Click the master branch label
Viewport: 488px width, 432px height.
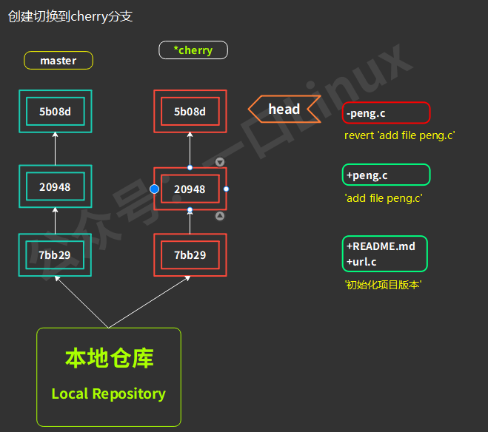(59, 61)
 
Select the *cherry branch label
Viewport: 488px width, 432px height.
(193, 50)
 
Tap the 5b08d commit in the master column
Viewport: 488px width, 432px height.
(55, 112)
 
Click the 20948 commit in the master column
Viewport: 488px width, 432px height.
(55, 187)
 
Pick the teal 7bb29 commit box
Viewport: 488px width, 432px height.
(55, 255)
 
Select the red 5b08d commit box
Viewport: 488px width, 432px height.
(190, 112)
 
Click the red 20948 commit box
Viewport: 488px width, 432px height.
(190, 189)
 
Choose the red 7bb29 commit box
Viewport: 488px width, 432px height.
(190, 255)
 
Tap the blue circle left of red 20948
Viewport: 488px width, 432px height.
(154, 189)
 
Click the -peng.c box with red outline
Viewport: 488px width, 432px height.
(386, 113)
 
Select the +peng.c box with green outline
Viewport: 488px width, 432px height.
(386, 175)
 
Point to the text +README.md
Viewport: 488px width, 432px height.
(381, 246)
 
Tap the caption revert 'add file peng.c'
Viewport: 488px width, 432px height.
(399, 135)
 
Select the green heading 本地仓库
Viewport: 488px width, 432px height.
(109, 359)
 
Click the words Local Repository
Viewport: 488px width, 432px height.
(109, 394)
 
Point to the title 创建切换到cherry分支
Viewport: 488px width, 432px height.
(70, 16)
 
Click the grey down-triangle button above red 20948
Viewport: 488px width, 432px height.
(219, 162)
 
